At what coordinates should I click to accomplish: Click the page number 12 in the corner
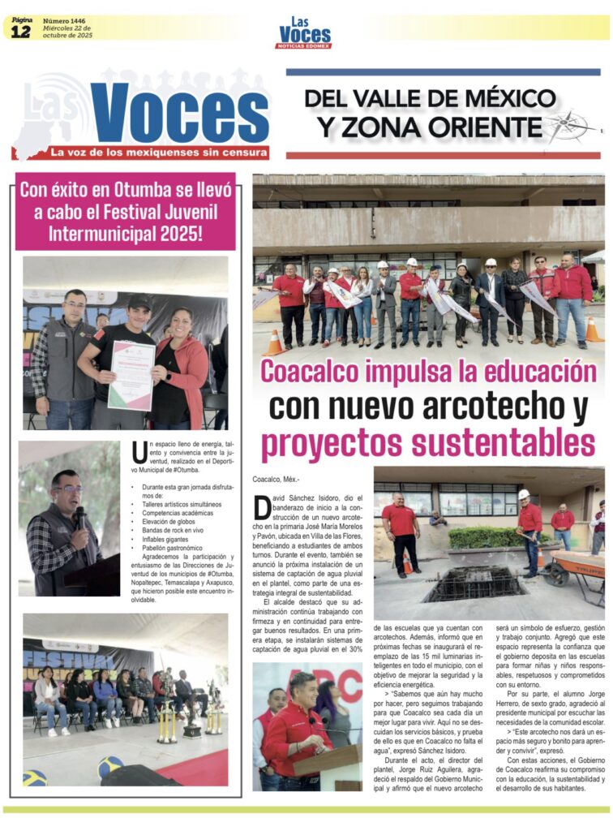click(21, 30)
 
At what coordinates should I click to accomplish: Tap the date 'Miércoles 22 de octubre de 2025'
click(67, 32)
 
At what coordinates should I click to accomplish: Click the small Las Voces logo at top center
click(304, 32)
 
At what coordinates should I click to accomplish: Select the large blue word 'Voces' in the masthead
click(179, 113)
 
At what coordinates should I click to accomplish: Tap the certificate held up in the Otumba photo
click(131, 375)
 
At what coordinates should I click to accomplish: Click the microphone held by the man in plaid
click(79, 516)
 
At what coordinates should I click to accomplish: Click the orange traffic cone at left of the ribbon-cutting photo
click(274, 342)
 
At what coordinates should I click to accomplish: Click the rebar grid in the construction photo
click(474, 583)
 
